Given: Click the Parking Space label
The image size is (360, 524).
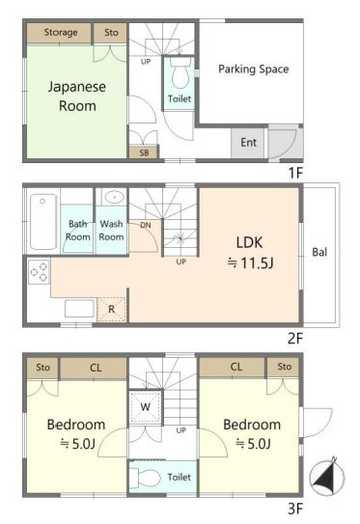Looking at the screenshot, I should click(253, 69).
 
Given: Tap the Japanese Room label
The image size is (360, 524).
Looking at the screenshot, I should click(77, 96).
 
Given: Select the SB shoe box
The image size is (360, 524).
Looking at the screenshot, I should click(144, 152).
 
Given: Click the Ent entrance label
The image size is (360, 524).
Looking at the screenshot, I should click(248, 143).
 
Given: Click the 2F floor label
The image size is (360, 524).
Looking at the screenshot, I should click(295, 339).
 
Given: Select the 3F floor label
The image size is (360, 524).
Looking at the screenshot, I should click(295, 505).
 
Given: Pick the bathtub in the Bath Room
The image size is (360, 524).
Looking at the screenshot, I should click(43, 221).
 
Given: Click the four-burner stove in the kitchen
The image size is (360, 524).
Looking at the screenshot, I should click(40, 273).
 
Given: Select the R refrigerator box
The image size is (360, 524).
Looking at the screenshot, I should click(112, 309).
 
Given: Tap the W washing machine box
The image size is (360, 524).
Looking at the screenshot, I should click(146, 406).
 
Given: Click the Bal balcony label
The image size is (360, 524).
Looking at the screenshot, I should click(318, 253).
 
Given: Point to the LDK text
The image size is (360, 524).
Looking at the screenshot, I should click(250, 242).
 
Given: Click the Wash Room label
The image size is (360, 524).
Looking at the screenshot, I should click(111, 231).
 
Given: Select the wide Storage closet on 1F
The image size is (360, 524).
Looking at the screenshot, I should click(60, 33).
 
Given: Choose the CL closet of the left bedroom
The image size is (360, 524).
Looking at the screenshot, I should click(94, 368).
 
